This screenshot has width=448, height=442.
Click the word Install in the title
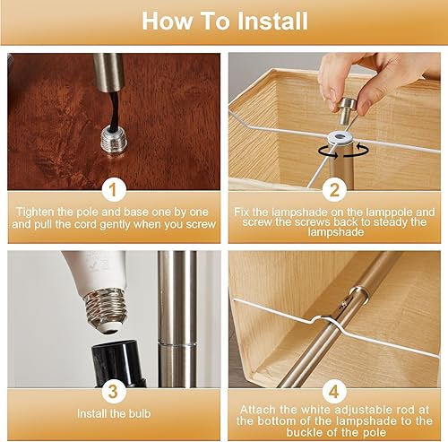tap(272, 21)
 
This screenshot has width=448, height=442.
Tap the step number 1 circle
tap(114, 190)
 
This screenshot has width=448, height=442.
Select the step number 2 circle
tap(334, 190)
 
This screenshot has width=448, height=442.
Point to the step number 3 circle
tap(114, 391)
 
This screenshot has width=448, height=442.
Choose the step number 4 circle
tap(334, 391)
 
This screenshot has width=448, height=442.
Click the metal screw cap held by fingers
tap(348, 110)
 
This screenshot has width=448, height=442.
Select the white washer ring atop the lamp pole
tap(339, 137)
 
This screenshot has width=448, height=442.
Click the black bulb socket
tap(118, 363)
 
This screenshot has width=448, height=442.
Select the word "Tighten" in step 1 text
tap(36, 212)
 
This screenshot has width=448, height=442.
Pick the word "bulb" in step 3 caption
tap(140, 413)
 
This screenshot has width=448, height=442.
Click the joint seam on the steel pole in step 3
tap(177, 344)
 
